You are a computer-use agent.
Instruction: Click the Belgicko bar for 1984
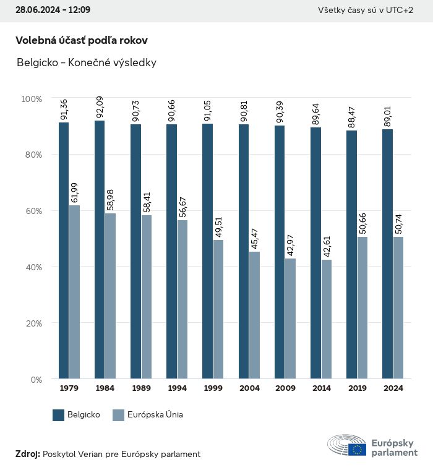(100, 250)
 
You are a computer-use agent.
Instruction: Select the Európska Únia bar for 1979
(74, 292)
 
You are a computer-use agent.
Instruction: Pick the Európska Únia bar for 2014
(326, 319)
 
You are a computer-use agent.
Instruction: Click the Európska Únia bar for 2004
(254, 315)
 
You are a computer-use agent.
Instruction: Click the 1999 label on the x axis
(213, 388)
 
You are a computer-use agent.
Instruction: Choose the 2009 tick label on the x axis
(285, 388)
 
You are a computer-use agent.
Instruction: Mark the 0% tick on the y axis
(35, 379)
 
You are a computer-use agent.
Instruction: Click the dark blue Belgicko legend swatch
(59, 415)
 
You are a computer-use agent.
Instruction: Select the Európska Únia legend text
(155, 415)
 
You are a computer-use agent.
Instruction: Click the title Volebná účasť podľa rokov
(82, 40)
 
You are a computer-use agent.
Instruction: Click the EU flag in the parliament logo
(357, 450)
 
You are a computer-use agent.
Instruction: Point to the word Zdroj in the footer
(27, 454)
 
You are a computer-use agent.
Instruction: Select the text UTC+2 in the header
(400, 10)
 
